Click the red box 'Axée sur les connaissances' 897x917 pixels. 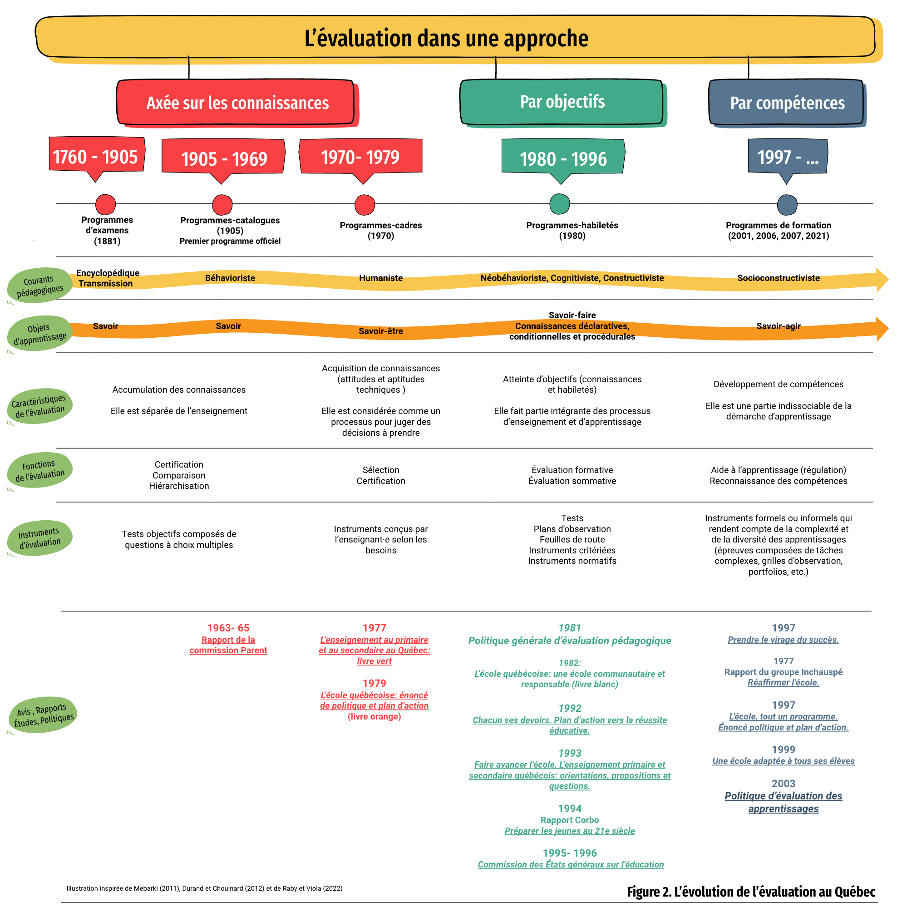coord(237,103)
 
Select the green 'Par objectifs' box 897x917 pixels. coord(563,103)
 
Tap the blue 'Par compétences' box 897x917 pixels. coord(787,103)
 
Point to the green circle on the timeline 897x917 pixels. coord(560,204)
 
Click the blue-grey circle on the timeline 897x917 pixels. coord(787,205)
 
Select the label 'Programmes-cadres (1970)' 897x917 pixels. coord(381,231)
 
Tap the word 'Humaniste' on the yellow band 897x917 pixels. coord(381,278)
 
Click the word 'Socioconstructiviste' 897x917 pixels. coord(778,278)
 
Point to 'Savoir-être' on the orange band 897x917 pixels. coord(381,331)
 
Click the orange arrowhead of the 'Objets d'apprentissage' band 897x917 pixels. coord(882,329)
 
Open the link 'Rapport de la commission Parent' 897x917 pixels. coord(228,645)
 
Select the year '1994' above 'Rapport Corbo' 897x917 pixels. coord(570,809)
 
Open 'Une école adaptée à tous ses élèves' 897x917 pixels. coord(783,761)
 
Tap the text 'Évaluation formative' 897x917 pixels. coord(572,470)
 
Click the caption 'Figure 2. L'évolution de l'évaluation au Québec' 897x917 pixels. coord(751,892)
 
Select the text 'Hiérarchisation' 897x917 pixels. coord(179,486)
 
